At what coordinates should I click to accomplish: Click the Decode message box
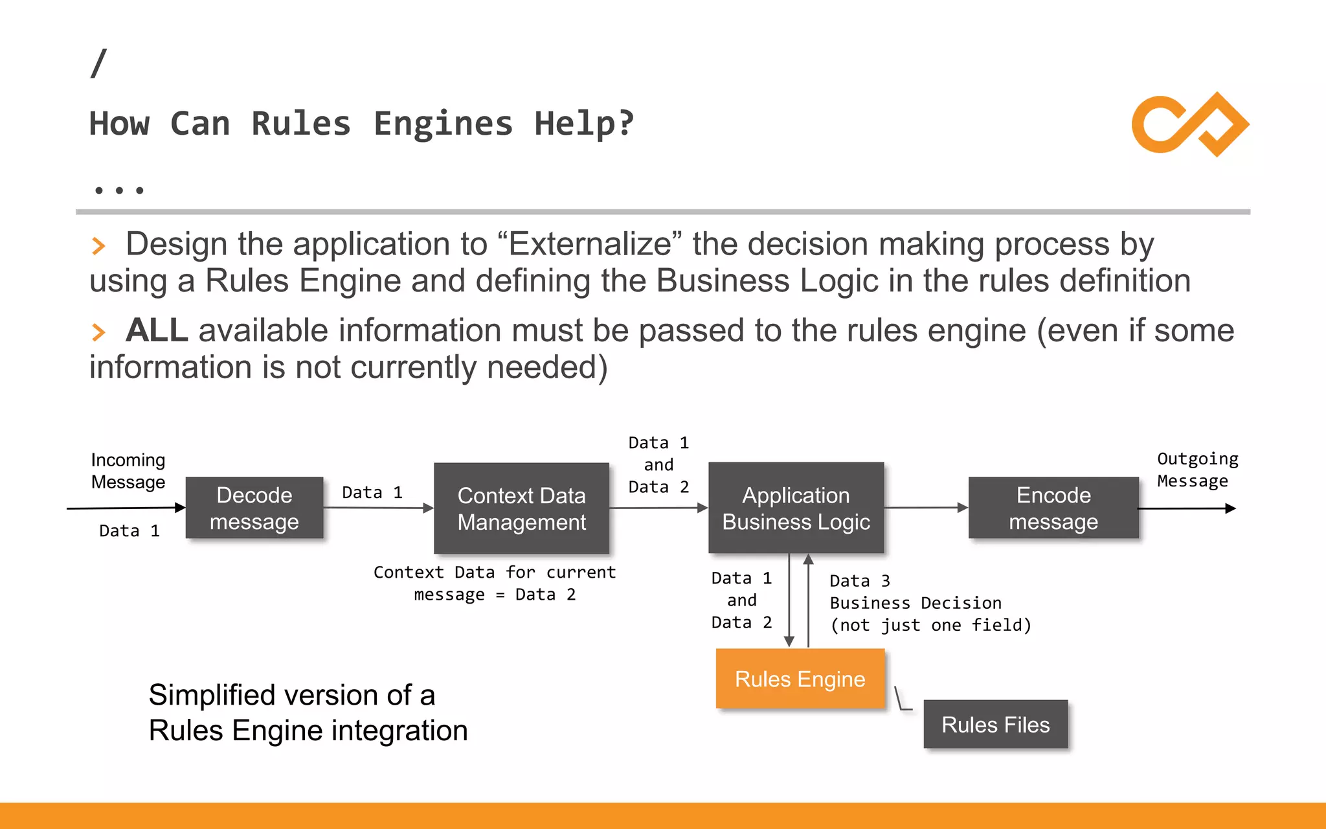(254, 508)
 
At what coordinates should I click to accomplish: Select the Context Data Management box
(521, 508)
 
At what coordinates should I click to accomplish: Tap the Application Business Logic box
(796, 508)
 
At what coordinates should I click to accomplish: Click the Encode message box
(1053, 508)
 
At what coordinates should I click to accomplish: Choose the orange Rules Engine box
(800, 679)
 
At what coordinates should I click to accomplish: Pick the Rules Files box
(995, 724)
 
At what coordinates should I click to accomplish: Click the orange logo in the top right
(1189, 124)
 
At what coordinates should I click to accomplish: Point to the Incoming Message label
(128, 471)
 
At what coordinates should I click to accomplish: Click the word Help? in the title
(584, 124)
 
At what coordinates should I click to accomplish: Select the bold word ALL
(157, 330)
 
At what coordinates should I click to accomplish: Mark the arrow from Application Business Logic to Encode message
(926, 508)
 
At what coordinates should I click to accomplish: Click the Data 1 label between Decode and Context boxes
(372, 492)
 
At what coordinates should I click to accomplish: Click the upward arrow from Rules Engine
(808, 599)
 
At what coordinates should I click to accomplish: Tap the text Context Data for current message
(495, 583)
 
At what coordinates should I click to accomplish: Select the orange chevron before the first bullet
(98, 246)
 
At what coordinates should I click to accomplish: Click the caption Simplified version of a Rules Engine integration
(308, 712)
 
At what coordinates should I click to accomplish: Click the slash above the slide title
(98, 63)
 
